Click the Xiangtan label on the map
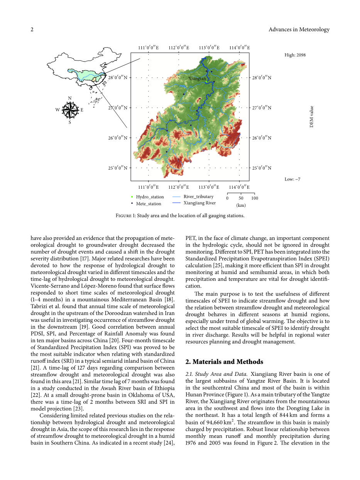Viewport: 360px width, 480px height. tap(197, 78)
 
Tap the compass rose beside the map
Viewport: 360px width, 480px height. tap(69, 110)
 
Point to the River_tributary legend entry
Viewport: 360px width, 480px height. tap(198, 197)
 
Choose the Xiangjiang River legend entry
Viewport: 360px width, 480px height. tap(199, 203)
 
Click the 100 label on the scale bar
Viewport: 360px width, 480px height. tap(255, 198)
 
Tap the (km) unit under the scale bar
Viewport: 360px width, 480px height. tap(241, 205)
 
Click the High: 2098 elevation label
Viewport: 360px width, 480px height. tap(295, 55)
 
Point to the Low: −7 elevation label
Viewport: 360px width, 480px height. tap(292, 179)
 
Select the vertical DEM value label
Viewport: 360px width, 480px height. tap(311, 117)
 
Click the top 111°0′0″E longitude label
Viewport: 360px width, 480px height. tap(148, 48)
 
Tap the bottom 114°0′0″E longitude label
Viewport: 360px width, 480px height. tap(239, 187)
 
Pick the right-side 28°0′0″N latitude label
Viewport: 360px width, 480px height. tap(262, 78)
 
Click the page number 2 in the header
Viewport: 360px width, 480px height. tap(32, 30)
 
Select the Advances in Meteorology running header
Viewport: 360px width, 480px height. tap(299, 30)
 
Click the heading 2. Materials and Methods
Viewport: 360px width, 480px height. tap(224, 362)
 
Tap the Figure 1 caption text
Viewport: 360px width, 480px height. tap(180, 216)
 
